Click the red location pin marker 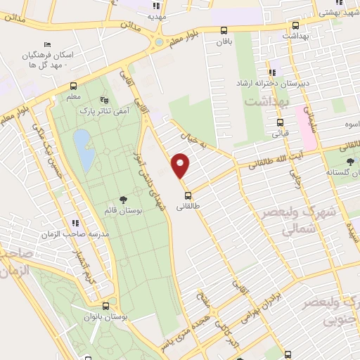click(181, 165)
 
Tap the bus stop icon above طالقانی click(188, 195)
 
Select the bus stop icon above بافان click(224, 30)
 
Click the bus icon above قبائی click(280, 122)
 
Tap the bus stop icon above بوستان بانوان click(105, 307)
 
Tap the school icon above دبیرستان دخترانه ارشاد click(272, 72)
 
